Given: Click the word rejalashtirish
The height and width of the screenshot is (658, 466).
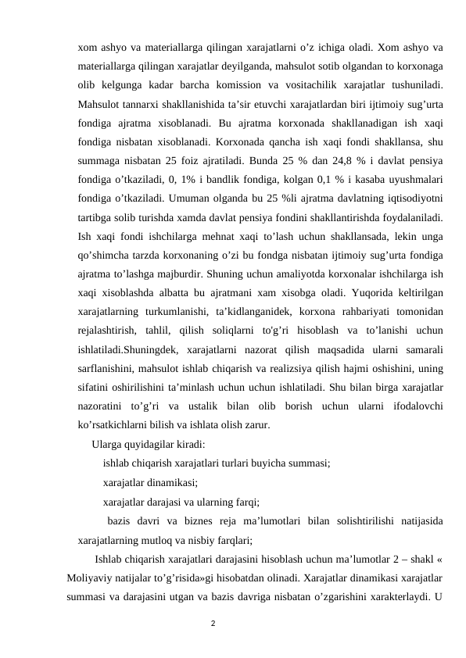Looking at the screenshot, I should pyautogui.click(x=108, y=348).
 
